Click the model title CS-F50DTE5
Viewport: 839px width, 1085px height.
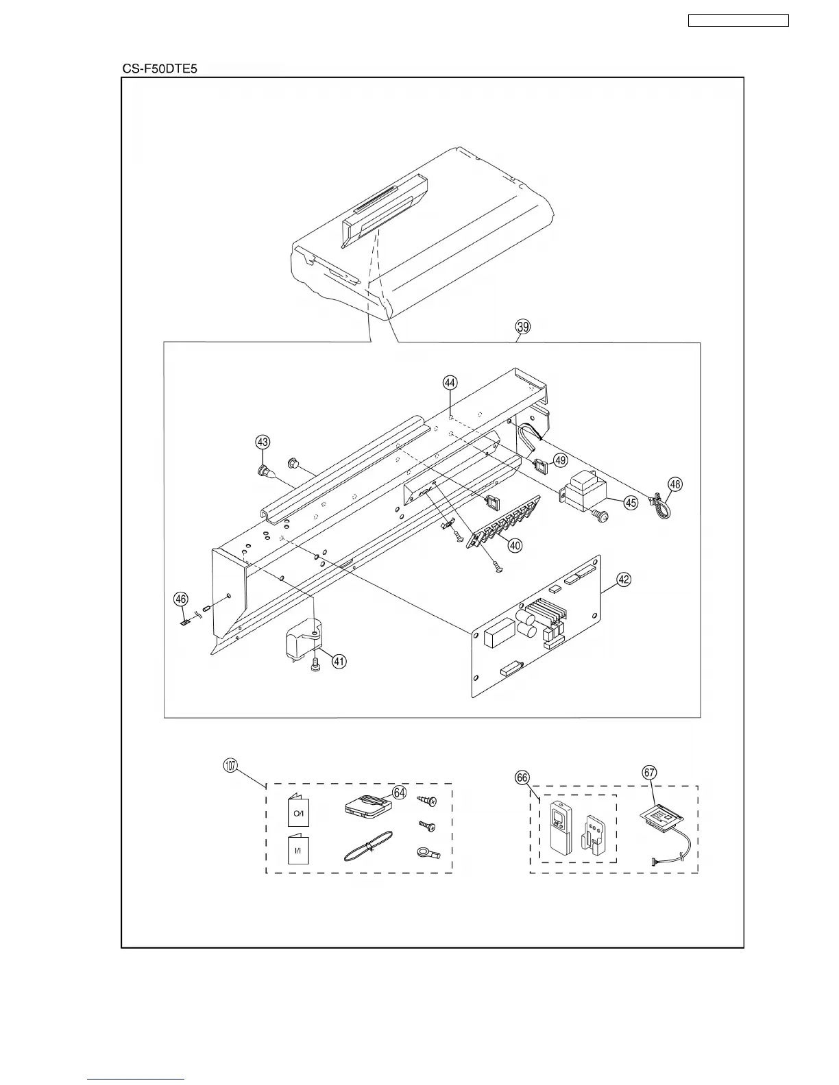(160, 68)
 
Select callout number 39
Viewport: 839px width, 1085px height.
(522, 327)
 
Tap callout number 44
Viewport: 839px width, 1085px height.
(449, 384)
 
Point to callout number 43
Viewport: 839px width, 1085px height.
(263, 442)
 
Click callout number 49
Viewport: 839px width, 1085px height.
(560, 460)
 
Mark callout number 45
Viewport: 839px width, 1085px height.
(631, 502)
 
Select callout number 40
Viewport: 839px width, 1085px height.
(514, 545)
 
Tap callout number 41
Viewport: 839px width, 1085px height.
(339, 661)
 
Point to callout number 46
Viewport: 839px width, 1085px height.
(180, 599)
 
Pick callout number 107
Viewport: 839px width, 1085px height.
(231, 766)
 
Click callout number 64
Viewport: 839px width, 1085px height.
(400, 793)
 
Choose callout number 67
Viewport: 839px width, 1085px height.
(649, 772)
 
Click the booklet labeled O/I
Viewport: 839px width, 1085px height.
(298, 812)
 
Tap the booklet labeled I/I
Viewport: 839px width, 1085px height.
(298, 849)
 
